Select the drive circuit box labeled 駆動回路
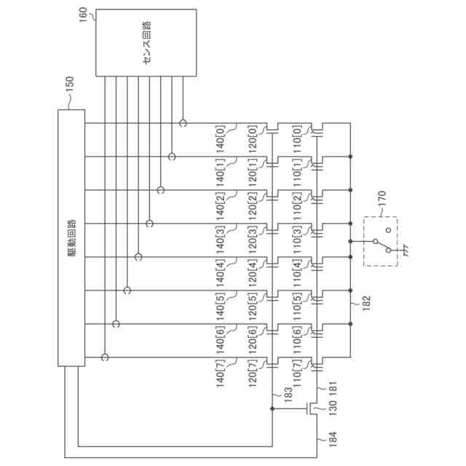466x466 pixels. [71, 237]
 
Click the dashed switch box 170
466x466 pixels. [380, 241]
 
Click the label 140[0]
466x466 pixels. [221, 138]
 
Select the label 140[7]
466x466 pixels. [221, 374]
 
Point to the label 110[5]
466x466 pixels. [297, 307]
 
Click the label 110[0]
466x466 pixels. [297, 138]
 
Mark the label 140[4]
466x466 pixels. [221, 273]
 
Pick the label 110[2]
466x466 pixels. [297, 206]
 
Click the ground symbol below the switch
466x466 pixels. [400, 253]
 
